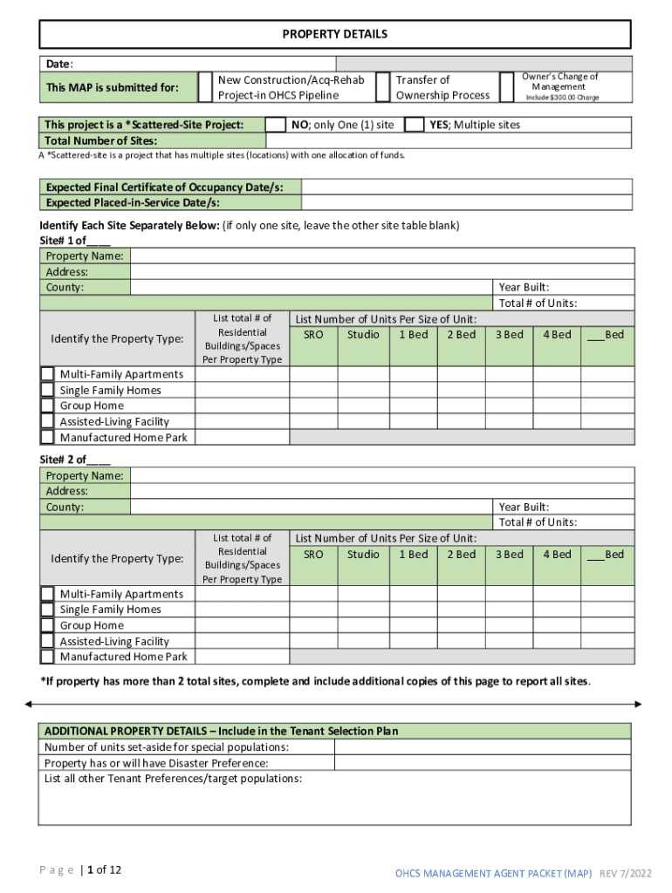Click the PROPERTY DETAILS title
(x=334, y=34)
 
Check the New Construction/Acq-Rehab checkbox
(x=205, y=87)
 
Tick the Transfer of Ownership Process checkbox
(x=382, y=87)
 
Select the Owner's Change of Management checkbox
(x=507, y=87)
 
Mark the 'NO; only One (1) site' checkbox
(x=275, y=125)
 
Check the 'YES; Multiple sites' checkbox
(x=415, y=125)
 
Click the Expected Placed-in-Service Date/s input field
(x=467, y=202)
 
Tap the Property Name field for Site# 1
(x=381, y=256)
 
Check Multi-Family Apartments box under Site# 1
(x=47, y=374)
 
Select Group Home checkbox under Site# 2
(x=47, y=625)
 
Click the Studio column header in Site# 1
(x=363, y=335)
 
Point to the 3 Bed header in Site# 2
(x=509, y=555)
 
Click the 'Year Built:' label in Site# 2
(x=524, y=507)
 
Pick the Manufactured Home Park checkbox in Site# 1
(x=47, y=438)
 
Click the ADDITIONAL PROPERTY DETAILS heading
(x=221, y=731)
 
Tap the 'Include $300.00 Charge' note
(x=562, y=98)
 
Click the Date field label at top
(x=59, y=64)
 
